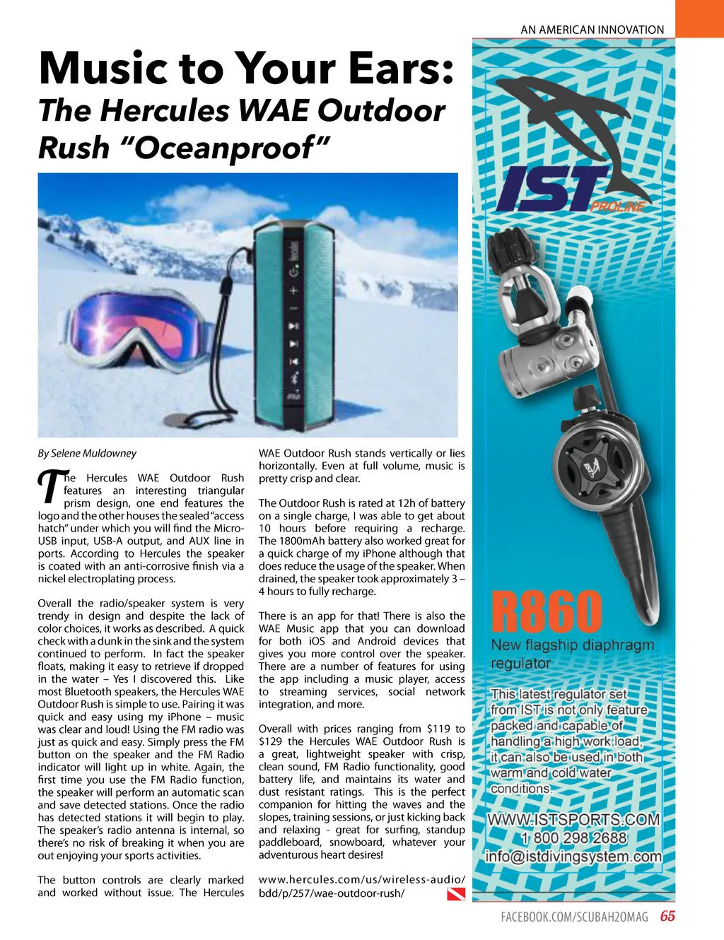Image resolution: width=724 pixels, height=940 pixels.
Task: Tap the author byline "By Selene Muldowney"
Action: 87,453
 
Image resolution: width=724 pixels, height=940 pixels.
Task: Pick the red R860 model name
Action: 547,611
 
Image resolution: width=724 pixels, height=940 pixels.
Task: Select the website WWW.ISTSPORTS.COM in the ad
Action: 573,820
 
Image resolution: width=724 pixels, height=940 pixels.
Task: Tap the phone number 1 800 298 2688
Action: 573,838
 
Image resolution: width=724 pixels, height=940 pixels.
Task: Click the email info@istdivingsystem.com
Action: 573,857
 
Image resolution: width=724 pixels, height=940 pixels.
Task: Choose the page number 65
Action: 667,917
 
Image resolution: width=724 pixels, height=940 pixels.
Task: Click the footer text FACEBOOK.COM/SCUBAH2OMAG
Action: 574,917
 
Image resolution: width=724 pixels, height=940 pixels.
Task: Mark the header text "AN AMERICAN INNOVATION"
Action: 592,30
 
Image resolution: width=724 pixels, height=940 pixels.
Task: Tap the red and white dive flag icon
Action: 456,895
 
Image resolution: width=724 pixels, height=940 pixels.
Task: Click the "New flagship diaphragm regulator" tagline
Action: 572,654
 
